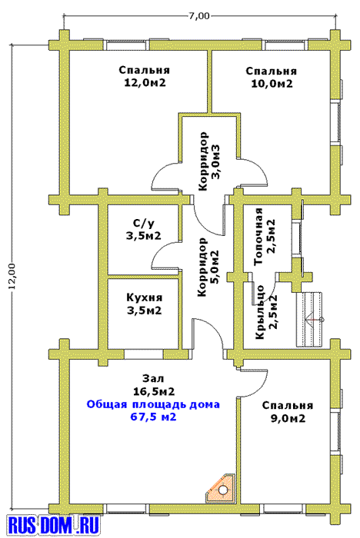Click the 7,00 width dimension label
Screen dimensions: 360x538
(x=199, y=16)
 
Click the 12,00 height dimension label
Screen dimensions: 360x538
(x=12, y=277)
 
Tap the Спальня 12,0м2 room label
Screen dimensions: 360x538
(x=145, y=77)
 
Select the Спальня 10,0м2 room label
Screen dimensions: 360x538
(x=272, y=78)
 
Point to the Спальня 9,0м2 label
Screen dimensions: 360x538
(x=287, y=412)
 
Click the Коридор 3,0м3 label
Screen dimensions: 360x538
(x=208, y=161)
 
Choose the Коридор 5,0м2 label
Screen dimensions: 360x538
(x=208, y=267)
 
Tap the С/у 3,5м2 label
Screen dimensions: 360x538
(x=144, y=230)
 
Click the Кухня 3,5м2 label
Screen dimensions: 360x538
(x=144, y=304)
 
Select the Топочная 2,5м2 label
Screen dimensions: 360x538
(x=265, y=236)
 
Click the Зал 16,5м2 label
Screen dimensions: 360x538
(x=153, y=384)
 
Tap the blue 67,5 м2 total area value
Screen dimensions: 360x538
(x=153, y=417)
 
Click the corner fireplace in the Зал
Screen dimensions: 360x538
(x=222, y=489)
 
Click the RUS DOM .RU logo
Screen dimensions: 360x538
(x=54, y=525)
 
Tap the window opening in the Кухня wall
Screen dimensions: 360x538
(x=143, y=354)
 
